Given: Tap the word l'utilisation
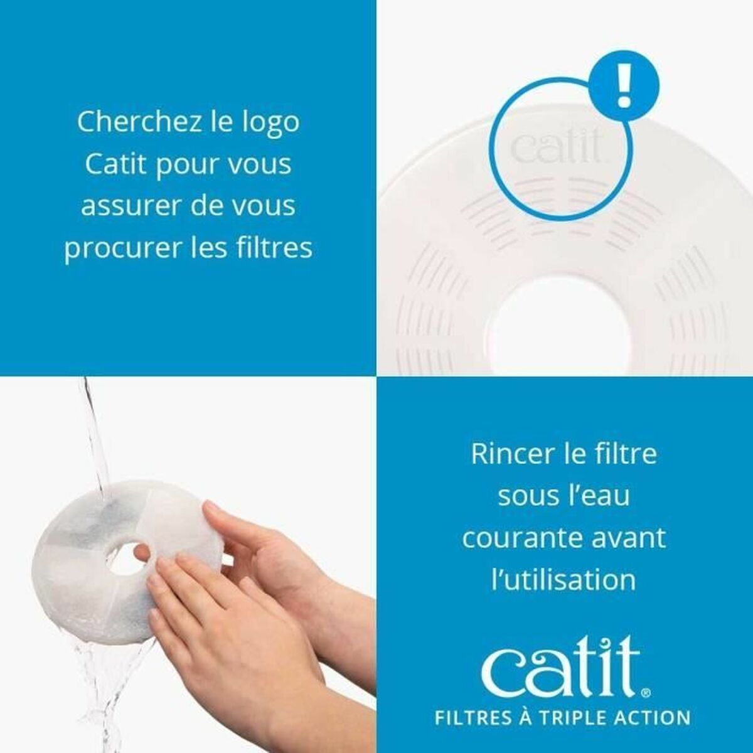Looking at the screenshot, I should pyautogui.click(x=563, y=579).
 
